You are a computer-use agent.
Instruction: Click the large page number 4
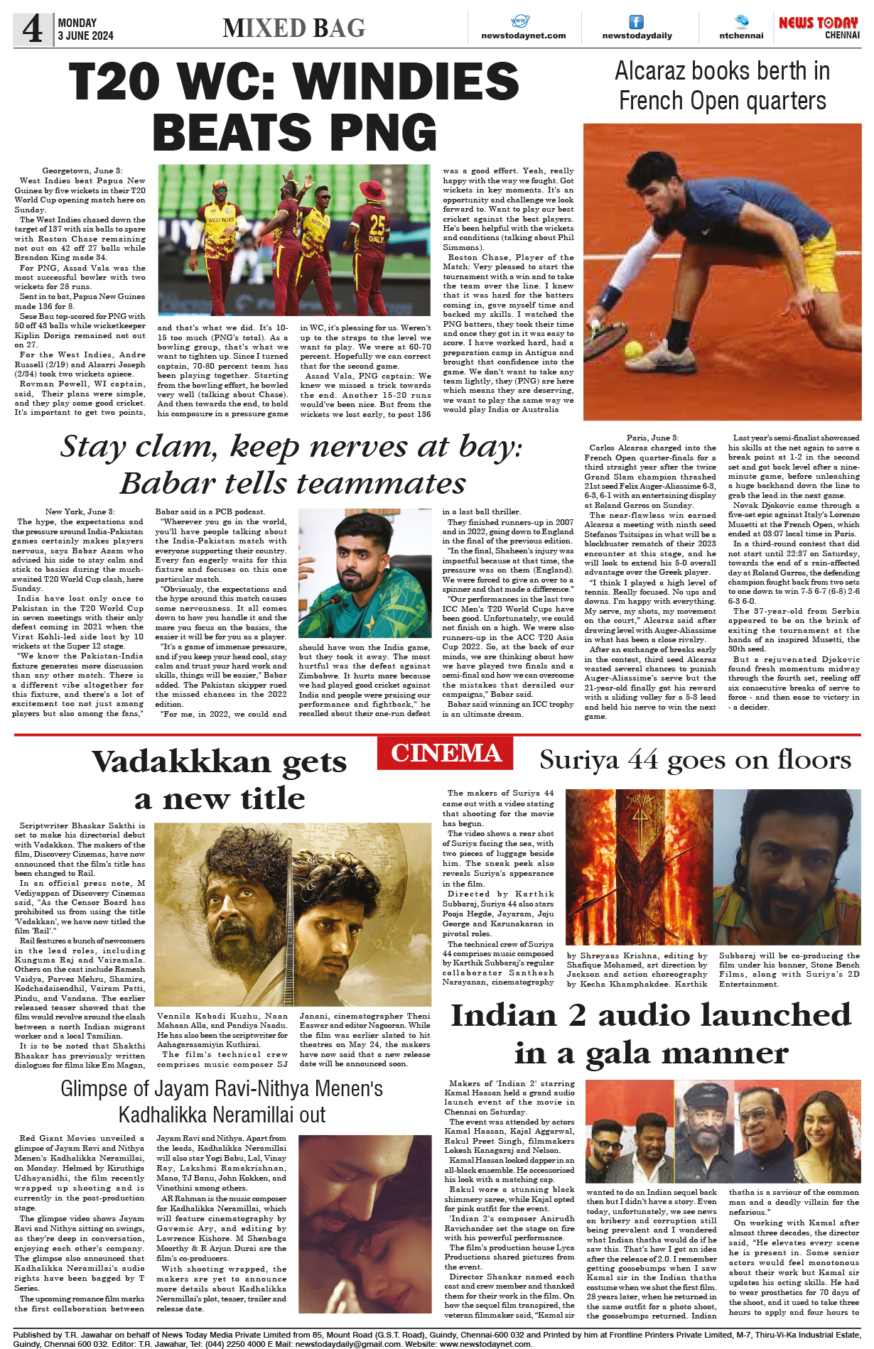click(x=33, y=29)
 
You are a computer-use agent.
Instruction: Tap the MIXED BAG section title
click(x=293, y=28)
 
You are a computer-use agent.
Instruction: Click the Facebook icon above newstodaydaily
click(x=637, y=22)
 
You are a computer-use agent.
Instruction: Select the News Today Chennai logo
click(x=819, y=28)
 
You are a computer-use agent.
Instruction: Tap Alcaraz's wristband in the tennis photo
click(x=610, y=296)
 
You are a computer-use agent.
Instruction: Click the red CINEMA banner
click(x=446, y=753)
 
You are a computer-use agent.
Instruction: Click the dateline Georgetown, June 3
click(x=82, y=170)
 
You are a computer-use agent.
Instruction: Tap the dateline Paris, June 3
click(x=652, y=438)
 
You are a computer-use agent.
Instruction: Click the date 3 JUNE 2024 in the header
click(x=85, y=36)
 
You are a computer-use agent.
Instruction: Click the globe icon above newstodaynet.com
click(x=520, y=21)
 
